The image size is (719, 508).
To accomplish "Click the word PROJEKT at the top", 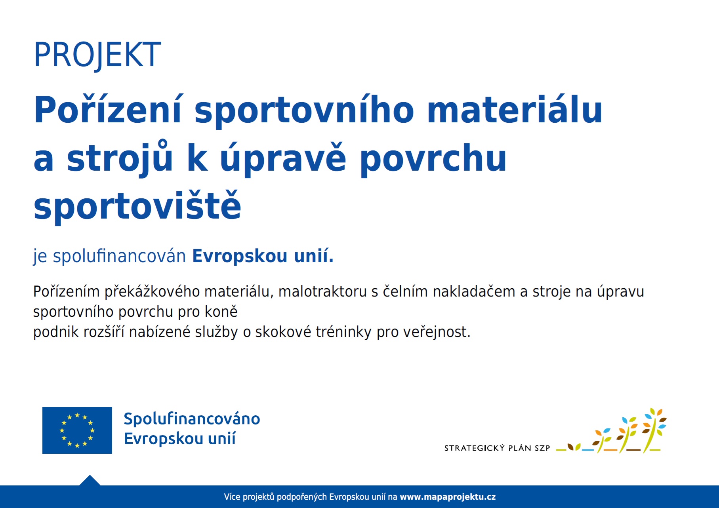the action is coord(97,55).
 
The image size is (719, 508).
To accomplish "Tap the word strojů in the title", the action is coord(120,158).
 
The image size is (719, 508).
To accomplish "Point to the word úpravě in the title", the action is coord(283,158).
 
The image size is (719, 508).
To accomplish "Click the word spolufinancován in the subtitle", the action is coord(119,256).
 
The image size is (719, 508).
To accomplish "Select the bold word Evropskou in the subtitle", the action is coord(240,256).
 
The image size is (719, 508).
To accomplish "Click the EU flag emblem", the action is coord(77,430).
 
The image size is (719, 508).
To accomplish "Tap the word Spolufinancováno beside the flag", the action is coord(192,419).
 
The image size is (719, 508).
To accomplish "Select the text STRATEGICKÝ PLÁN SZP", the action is coord(497,448).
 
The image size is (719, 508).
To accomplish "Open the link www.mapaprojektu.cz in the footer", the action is coord(448,497).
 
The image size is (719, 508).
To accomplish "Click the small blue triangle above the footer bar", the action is coord(90,481).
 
